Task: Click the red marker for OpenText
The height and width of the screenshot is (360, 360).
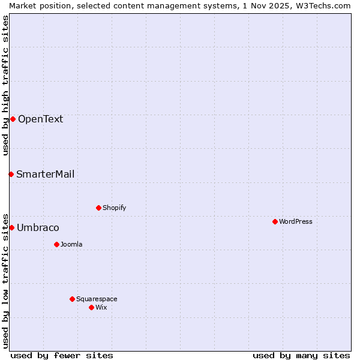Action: point(13,119)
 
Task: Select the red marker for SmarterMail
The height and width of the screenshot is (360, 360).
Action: point(11,174)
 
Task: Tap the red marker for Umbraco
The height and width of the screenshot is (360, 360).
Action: point(11,227)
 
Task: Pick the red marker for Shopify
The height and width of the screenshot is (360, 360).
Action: point(98,208)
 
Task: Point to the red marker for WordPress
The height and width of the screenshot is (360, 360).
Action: point(275,221)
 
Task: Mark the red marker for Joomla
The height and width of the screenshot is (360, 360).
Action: point(56,244)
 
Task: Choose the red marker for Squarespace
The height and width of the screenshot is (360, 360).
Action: point(72,299)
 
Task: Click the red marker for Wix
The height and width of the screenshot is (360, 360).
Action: point(91,307)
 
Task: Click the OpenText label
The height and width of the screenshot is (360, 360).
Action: point(40,119)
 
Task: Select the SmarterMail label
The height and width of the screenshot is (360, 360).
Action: point(46,174)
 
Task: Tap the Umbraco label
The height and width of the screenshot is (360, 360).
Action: point(38,227)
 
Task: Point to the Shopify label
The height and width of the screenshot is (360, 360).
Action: point(114,208)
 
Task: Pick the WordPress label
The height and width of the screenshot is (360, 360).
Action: point(295,221)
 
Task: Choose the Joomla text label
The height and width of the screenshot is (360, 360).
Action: point(71,244)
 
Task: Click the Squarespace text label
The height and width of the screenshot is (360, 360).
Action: point(97,299)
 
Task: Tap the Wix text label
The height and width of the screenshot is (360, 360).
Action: point(101,307)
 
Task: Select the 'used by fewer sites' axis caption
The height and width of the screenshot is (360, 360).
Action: point(62,355)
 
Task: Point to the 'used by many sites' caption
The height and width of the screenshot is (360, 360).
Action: point(301,355)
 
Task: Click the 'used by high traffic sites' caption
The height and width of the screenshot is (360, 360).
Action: point(5,85)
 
